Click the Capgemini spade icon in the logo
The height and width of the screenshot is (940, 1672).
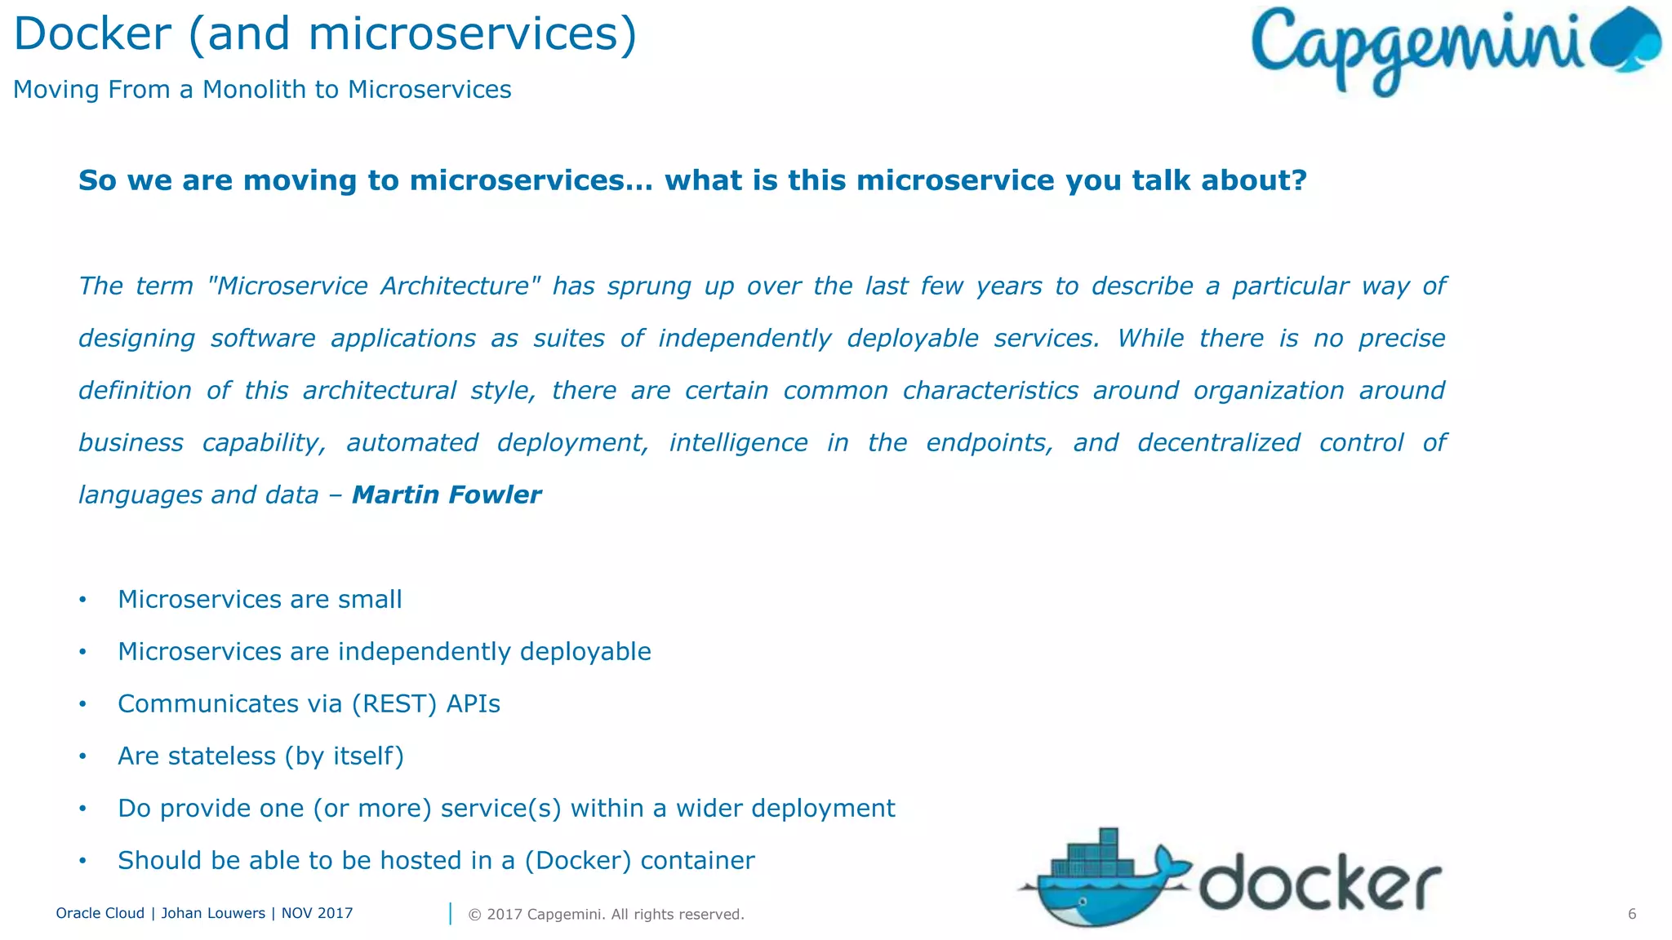1627,41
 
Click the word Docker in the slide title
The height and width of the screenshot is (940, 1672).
92,35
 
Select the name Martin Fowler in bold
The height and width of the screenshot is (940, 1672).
446,494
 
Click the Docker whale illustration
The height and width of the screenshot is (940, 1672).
1098,881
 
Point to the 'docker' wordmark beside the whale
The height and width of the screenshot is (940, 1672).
1320,883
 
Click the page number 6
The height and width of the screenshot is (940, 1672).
1631,914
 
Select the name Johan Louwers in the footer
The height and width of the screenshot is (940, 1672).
212,913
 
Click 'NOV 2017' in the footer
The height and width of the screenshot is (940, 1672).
317,913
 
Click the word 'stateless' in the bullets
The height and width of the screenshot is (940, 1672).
221,756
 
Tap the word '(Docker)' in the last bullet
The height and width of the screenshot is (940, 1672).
577,861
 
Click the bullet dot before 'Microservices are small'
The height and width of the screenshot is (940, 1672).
82,600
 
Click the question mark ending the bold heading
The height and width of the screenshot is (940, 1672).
1298,180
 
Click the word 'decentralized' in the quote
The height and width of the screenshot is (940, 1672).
1218,443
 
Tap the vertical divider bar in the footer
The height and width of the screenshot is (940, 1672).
450,914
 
